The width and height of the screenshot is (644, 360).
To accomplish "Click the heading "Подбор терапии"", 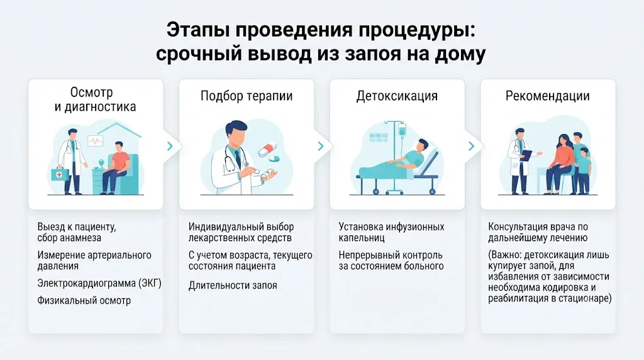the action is tap(247, 96).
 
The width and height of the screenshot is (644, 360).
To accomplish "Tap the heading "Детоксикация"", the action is tap(397, 96).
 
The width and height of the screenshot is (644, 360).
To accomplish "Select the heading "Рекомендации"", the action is tap(548, 96).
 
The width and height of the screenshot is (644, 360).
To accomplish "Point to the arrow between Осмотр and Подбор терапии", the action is tap(170, 146).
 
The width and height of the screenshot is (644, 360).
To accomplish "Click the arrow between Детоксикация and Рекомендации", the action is tap(471, 146).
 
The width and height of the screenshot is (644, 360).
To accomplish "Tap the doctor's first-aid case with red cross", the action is tap(58, 174).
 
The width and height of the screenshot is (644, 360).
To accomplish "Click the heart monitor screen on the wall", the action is tap(96, 141).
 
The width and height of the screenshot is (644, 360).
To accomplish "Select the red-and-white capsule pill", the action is tap(268, 149).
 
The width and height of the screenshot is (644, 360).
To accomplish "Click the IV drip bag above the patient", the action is tap(401, 132).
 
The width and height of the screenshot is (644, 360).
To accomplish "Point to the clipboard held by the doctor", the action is tap(526, 155).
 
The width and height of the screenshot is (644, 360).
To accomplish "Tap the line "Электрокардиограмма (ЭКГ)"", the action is tap(99, 283).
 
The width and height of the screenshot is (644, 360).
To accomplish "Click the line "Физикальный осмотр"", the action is tap(84, 300).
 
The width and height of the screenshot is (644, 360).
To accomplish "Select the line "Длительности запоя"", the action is tap(233, 285).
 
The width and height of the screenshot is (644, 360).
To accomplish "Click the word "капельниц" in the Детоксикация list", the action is tap(362, 238).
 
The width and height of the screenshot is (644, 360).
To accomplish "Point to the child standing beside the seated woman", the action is tap(583, 170).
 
